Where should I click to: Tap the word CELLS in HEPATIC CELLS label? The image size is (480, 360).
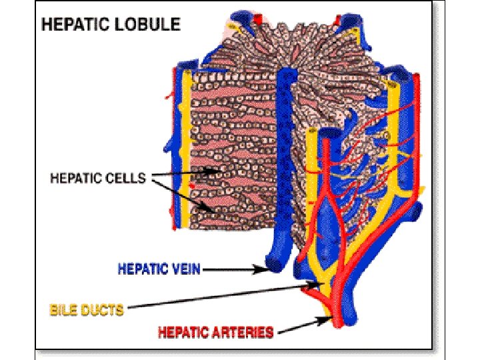(x=127, y=179)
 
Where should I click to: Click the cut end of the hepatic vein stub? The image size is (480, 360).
(x=273, y=265)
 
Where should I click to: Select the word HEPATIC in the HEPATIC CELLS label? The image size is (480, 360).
(x=76, y=179)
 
